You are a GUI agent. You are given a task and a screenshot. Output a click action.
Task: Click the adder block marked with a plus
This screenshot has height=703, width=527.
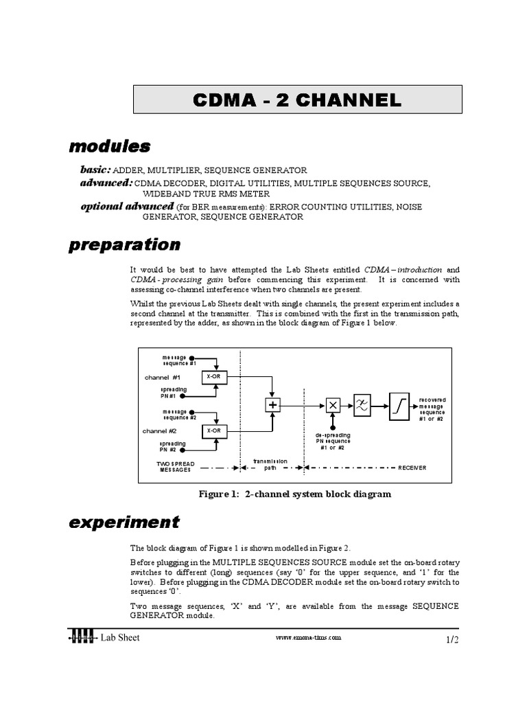point(274,405)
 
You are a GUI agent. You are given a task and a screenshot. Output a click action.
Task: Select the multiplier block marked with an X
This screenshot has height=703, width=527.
point(332,405)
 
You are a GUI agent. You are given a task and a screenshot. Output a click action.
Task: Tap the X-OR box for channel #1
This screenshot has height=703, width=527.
point(213,377)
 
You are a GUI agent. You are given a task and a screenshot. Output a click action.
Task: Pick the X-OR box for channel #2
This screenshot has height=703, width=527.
point(213,431)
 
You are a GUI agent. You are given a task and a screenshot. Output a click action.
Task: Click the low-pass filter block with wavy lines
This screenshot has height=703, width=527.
point(362,404)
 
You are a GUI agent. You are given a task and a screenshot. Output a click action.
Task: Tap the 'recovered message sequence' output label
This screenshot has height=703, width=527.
point(432,409)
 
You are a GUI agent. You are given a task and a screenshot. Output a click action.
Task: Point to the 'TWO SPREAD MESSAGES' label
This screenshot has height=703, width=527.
point(176,468)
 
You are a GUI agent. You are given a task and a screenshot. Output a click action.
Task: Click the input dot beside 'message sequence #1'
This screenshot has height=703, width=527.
point(193,358)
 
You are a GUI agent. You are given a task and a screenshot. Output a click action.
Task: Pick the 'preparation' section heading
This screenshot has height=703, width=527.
point(124,245)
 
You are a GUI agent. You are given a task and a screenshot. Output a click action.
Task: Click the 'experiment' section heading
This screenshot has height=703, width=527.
point(124,522)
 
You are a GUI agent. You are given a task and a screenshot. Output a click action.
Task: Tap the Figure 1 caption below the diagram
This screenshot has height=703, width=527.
point(295,494)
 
